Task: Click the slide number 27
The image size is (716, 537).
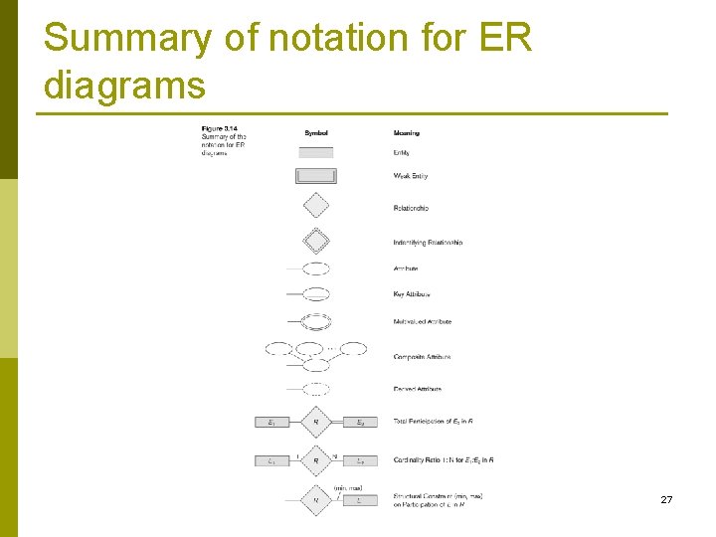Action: coord(666,499)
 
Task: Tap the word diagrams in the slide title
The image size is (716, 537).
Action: coord(124,86)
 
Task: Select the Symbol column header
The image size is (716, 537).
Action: coord(316,133)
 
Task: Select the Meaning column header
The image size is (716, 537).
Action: coord(406,133)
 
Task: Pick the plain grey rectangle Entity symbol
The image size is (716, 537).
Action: coord(316,152)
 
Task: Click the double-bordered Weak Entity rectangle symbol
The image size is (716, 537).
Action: coord(316,176)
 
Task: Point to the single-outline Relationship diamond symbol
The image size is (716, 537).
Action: coord(316,205)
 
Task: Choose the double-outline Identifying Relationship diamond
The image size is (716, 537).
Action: coord(316,241)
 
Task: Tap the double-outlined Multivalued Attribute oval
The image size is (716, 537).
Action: coord(316,321)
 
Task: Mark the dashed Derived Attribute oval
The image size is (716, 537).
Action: coord(316,390)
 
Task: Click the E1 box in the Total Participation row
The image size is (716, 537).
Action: coord(272,423)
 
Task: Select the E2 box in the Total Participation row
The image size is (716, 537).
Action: coord(360,423)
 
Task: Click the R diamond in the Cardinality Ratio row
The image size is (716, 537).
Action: coord(316,460)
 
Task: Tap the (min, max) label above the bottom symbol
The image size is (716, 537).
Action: coord(347,488)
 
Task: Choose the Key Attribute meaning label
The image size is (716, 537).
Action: coord(412,294)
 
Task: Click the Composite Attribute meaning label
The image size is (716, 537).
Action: coord(422,357)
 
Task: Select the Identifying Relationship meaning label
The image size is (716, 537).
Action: coord(428,243)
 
